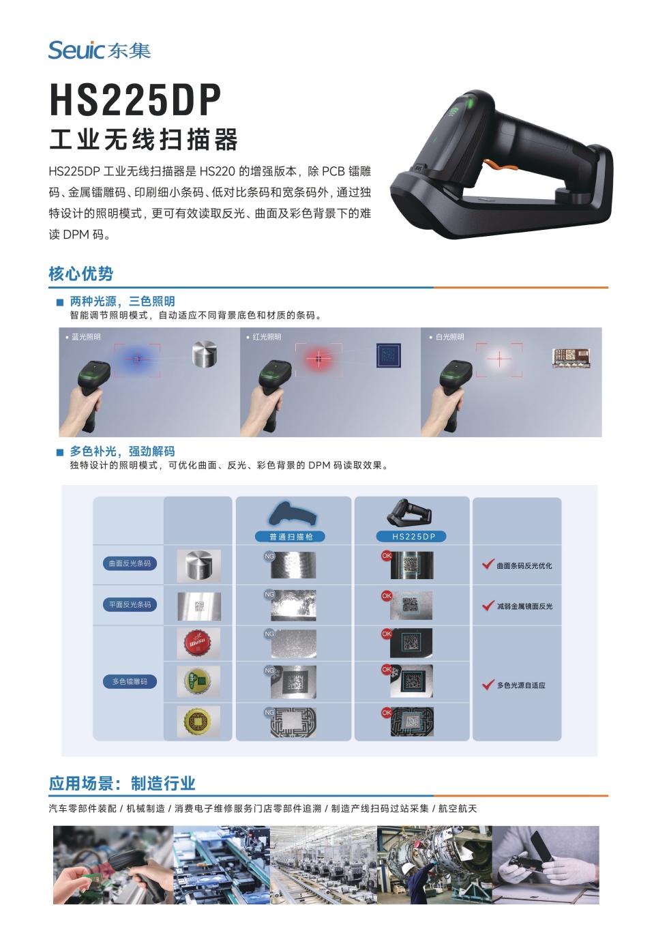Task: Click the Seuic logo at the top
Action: click(x=99, y=50)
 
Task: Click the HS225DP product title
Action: click(x=135, y=100)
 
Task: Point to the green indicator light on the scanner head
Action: click(x=469, y=104)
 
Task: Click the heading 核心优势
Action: click(x=80, y=274)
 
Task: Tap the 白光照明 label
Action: click(x=449, y=337)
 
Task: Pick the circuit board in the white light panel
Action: click(x=570, y=358)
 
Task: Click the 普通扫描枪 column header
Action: click(x=291, y=537)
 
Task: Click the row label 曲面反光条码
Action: click(x=130, y=563)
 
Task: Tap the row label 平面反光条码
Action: click(x=130, y=604)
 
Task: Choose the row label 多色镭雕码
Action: click(x=130, y=681)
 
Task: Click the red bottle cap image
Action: click(x=198, y=642)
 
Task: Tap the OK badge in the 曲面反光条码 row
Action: click(x=387, y=556)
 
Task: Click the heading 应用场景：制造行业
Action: click(x=121, y=783)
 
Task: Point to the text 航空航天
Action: click(x=458, y=808)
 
